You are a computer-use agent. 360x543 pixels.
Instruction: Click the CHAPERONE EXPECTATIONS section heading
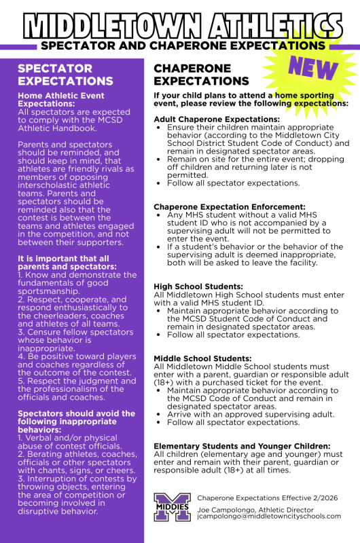202,75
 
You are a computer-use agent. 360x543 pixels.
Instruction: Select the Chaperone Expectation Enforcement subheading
229,206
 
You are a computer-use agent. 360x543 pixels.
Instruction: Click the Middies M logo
172,507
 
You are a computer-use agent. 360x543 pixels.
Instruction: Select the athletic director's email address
269,516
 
